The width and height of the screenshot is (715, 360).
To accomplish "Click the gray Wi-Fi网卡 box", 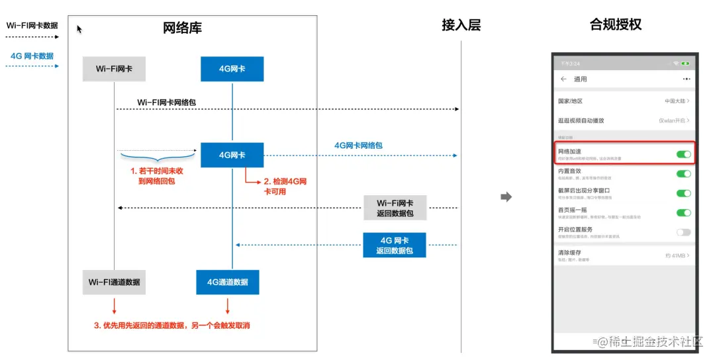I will pyautogui.click(x=113, y=69).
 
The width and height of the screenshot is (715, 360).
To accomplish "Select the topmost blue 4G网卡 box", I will pyautogui.click(x=232, y=69).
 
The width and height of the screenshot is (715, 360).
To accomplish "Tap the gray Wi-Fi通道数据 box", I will pyautogui.click(x=114, y=282).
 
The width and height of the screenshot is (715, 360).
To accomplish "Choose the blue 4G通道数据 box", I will pyautogui.click(x=228, y=282).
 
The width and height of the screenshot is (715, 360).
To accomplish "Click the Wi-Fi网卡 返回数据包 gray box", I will pyautogui.click(x=395, y=208).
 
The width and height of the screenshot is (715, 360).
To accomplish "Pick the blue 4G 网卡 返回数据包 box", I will pyautogui.click(x=394, y=245).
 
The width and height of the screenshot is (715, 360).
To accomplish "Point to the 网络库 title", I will pyautogui.click(x=182, y=28).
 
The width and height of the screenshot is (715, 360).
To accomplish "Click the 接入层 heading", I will pyautogui.click(x=461, y=26).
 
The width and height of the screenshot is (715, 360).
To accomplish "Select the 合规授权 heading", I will pyautogui.click(x=615, y=25).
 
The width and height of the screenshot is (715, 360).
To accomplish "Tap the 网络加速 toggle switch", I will pyautogui.click(x=683, y=154).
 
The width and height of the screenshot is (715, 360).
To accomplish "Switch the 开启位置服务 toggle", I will pyautogui.click(x=683, y=232).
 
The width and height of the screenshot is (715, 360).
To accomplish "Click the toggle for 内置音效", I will pyautogui.click(x=683, y=173).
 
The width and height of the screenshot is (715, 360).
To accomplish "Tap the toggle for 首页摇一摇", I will pyautogui.click(x=683, y=212).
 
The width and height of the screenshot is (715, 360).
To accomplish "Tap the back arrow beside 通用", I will pyautogui.click(x=563, y=79).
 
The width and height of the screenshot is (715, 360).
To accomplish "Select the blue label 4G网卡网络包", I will pyautogui.click(x=358, y=145).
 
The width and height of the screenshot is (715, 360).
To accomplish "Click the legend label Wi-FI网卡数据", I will pyautogui.click(x=32, y=26).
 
